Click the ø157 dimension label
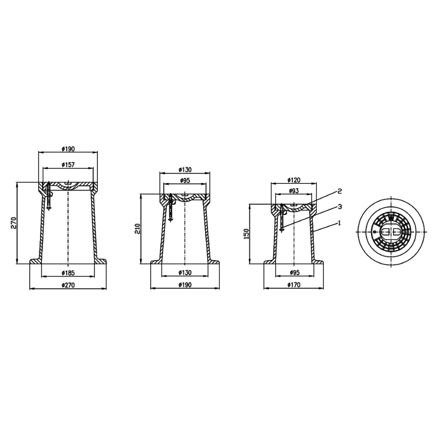tap(68, 165)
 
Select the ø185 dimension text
tap(68, 273)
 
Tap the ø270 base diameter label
tap(68, 285)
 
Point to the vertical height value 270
tap(13, 223)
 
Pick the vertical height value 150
tap(247, 233)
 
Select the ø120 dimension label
tap(293, 180)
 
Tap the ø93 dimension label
tap(293, 190)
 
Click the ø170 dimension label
tap(293, 285)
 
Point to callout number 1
tap(339, 223)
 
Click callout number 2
tap(339, 191)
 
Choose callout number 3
tap(339, 207)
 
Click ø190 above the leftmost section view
tap(68, 149)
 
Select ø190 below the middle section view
tap(185, 285)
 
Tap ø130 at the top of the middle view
tap(185, 169)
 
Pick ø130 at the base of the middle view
tap(185, 273)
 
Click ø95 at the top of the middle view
tap(185, 180)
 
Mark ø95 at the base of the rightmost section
tap(293, 273)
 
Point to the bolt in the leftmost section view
tap(49, 196)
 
